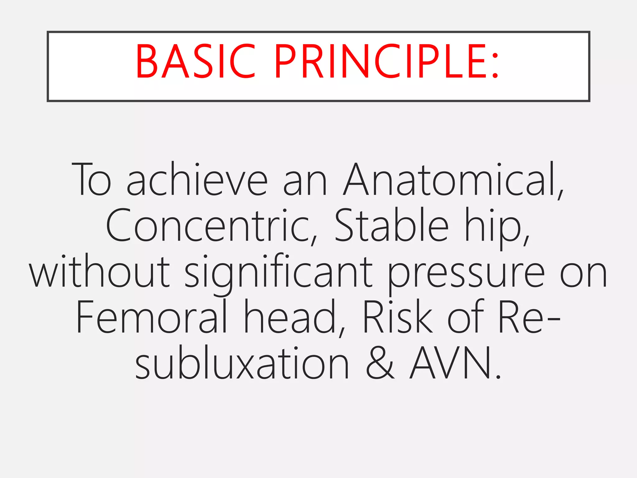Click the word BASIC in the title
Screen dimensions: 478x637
coord(195,61)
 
